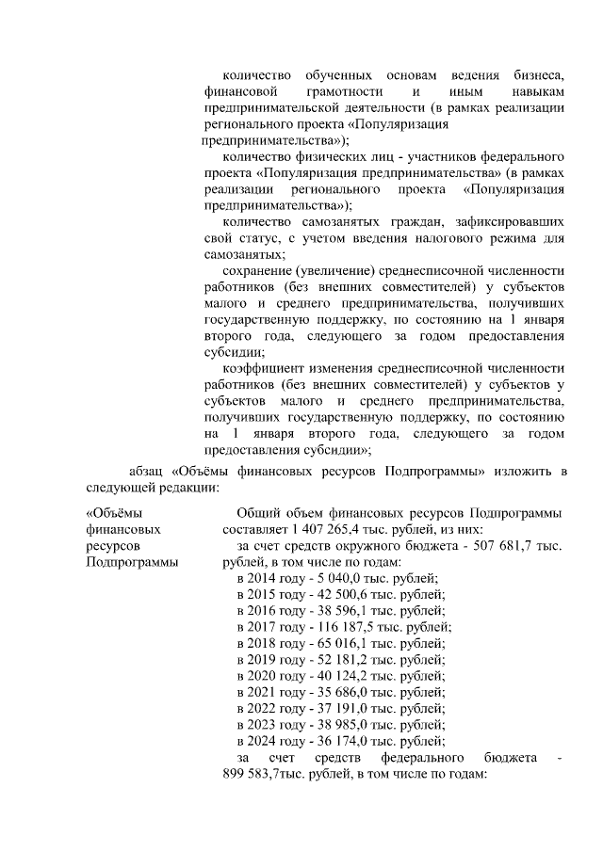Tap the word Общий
[x=256, y=513]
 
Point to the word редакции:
[x=185, y=488]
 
